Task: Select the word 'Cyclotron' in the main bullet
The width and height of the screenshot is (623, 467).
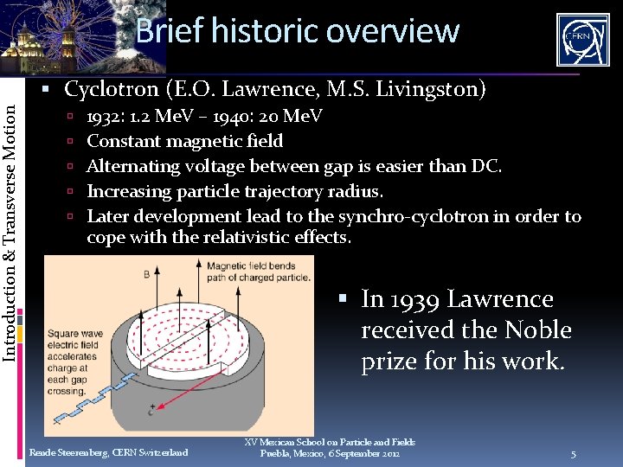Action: (112, 89)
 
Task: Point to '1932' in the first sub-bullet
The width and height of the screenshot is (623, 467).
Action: (105, 116)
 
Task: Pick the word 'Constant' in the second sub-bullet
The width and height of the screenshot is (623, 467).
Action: (119, 141)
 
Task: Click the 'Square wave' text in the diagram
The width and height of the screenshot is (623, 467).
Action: (74, 333)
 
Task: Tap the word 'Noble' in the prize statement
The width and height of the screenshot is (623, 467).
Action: (540, 330)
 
